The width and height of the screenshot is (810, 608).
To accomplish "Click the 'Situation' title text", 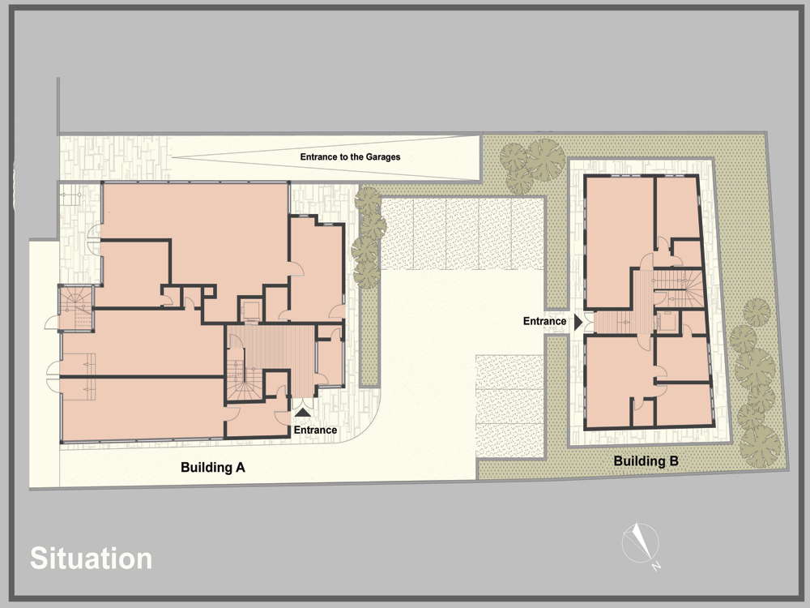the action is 91,559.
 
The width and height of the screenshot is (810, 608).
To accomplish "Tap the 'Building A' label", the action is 213,468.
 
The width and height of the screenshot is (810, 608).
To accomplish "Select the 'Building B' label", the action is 646,460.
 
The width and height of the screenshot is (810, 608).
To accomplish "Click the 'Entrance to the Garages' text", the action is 350,156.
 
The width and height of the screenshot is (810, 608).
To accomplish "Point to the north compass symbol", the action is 641,543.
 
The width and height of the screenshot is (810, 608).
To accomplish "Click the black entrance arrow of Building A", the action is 303,412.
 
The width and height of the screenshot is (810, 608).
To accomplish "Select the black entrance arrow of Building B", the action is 578,322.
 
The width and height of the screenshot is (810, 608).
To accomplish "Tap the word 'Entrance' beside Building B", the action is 544,321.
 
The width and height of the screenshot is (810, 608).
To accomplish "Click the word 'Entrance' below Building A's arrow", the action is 315,430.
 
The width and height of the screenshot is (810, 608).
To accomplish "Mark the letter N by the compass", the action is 656,566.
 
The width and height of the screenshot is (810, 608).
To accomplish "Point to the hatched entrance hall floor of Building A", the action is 279,349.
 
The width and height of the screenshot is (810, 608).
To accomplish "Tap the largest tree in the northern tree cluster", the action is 545,159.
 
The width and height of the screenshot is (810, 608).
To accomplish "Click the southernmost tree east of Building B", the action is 760,447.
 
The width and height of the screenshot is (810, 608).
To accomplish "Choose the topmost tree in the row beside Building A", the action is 368,200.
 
